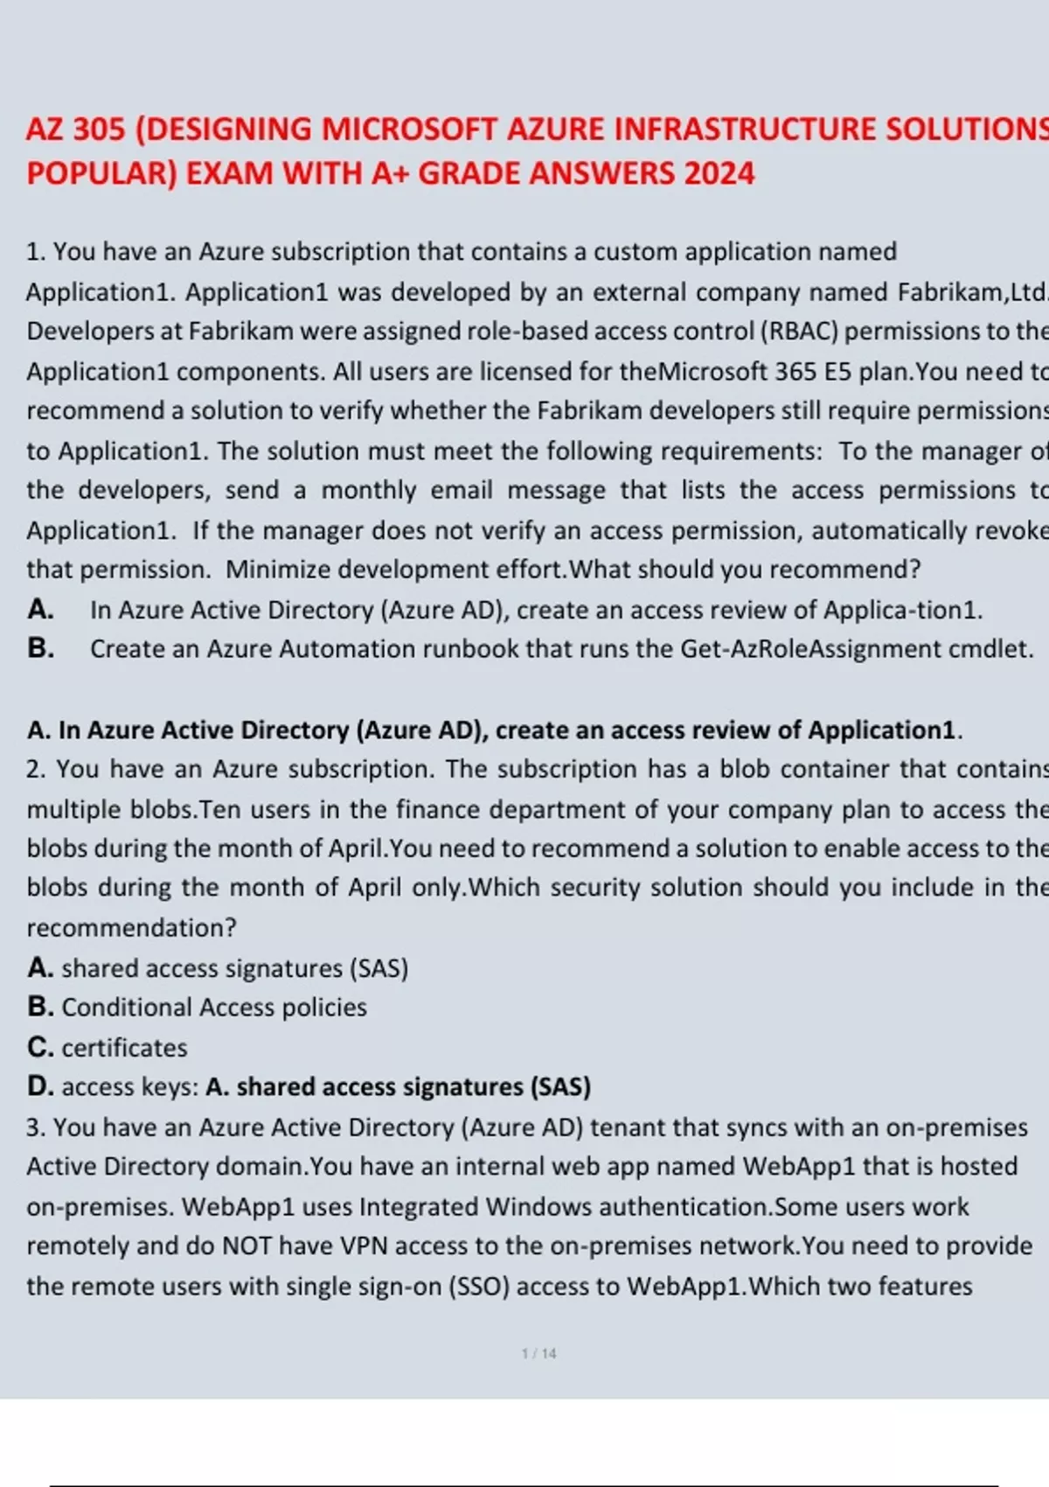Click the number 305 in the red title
pyautogui.click(x=100, y=129)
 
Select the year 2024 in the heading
pyautogui.click(x=719, y=173)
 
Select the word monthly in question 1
pyautogui.click(x=368, y=490)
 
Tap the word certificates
pyautogui.click(x=124, y=1047)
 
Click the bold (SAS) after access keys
pyautogui.click(x=560, y=1086)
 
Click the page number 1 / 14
pyautogui.click(x=538, y=1353)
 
